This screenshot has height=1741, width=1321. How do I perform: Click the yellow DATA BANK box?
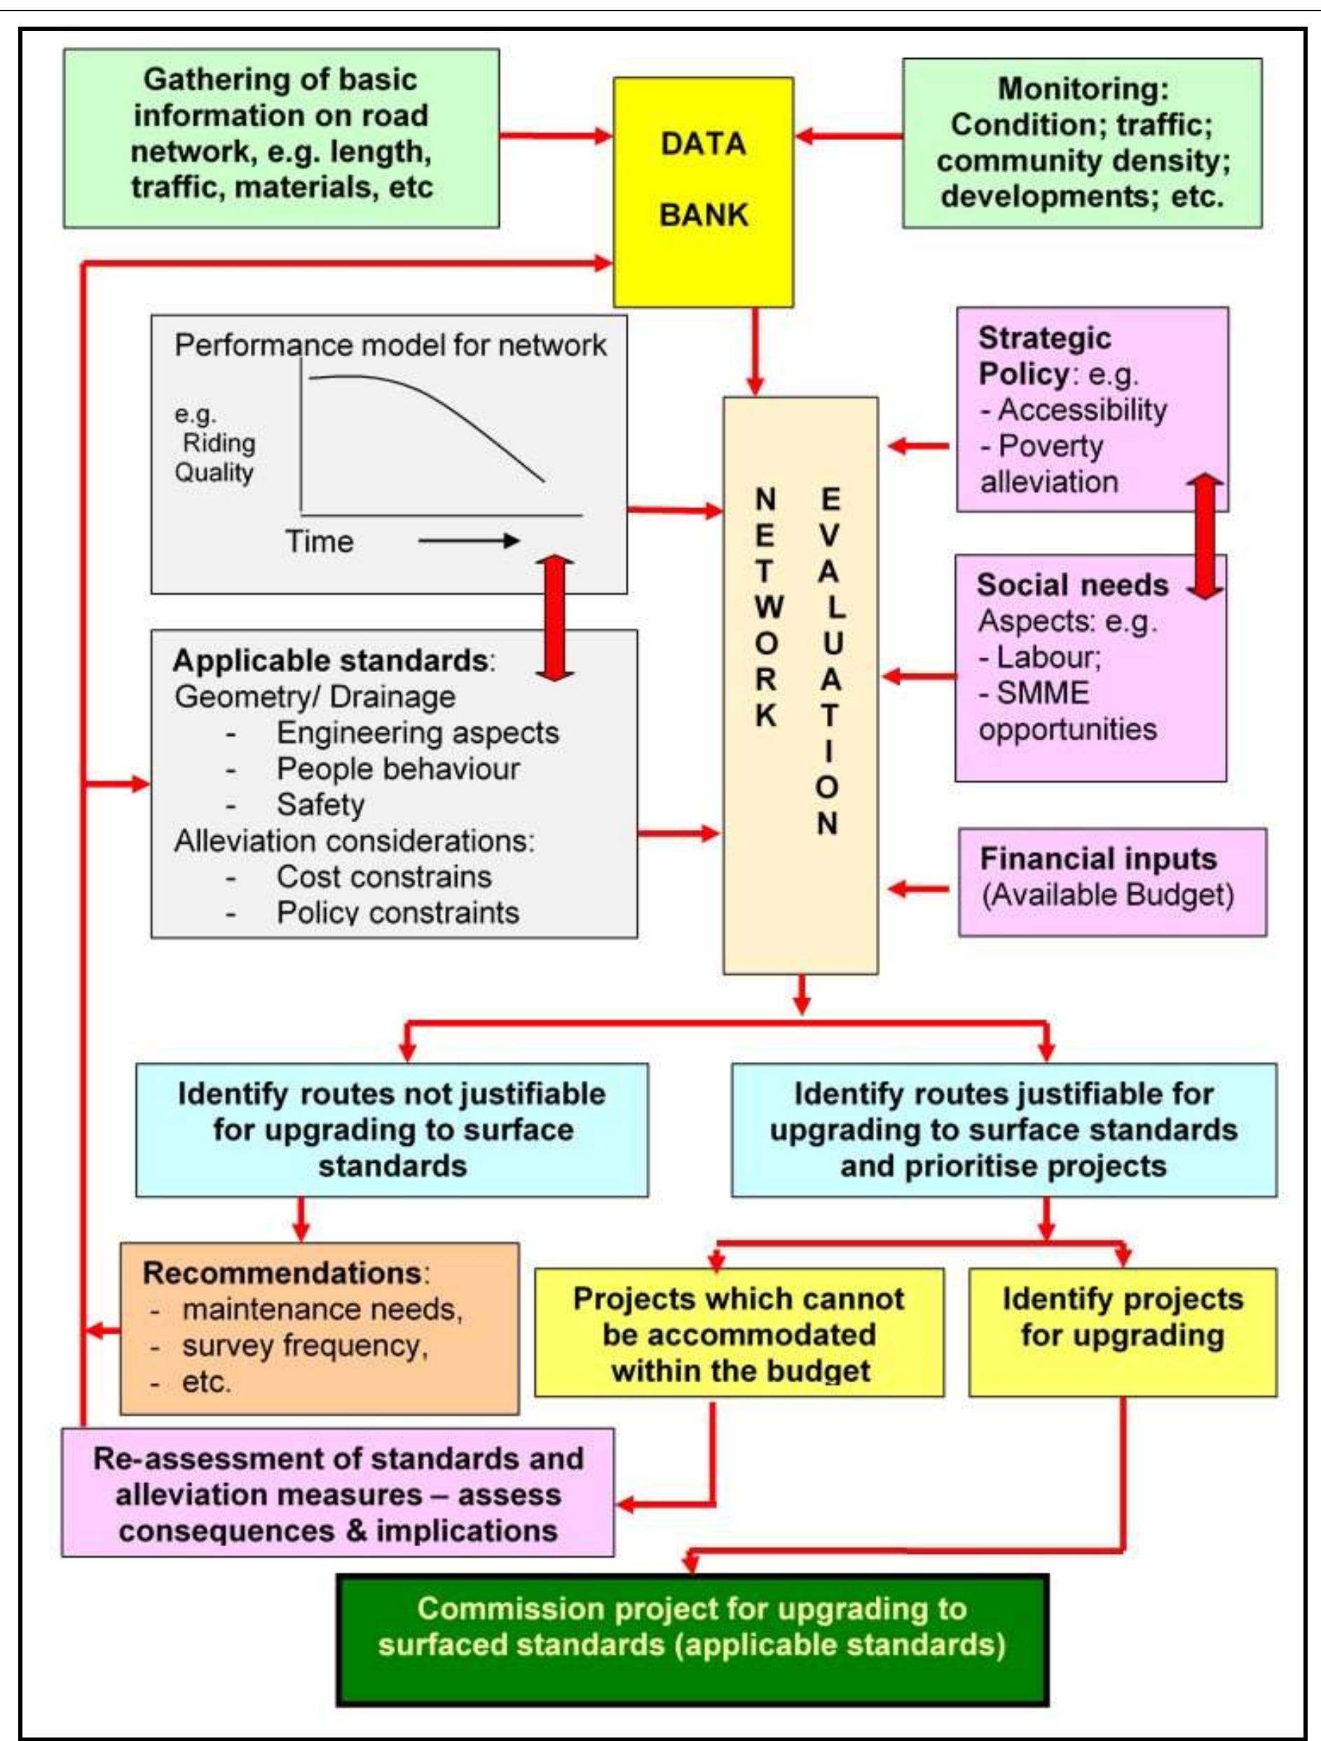click(x=703, y=191)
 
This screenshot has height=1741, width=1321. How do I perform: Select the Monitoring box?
click(x=1082, y=142)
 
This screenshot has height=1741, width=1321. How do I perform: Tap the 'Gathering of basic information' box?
click(x=281, y=138)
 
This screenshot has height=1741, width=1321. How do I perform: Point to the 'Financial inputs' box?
click(x=1111, y=882)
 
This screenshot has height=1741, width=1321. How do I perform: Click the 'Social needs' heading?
click(x=1072, y=585)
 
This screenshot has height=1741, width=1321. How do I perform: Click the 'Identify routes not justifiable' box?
click(x=392, y=1129)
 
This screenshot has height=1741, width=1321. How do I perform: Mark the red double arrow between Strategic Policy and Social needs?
click(x=1205, y=537)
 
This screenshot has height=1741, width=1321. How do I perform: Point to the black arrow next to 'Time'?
click(x=468, y=540)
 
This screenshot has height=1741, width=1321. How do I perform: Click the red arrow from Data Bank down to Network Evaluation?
click(x=755, y=351)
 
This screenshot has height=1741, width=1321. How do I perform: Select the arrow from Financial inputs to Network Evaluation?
click(x=918, y=889)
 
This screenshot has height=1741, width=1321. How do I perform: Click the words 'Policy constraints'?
click(x=397, y=913)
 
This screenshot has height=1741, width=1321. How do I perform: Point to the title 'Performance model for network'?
click(x=390, y=345)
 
